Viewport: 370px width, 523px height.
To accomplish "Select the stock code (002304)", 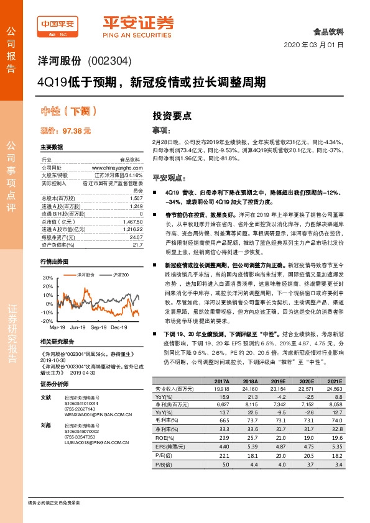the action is pyautogui.click(x=112, y=62).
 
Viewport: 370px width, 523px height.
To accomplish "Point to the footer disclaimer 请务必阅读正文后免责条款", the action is pyautogui.click(x=55, y=502).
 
